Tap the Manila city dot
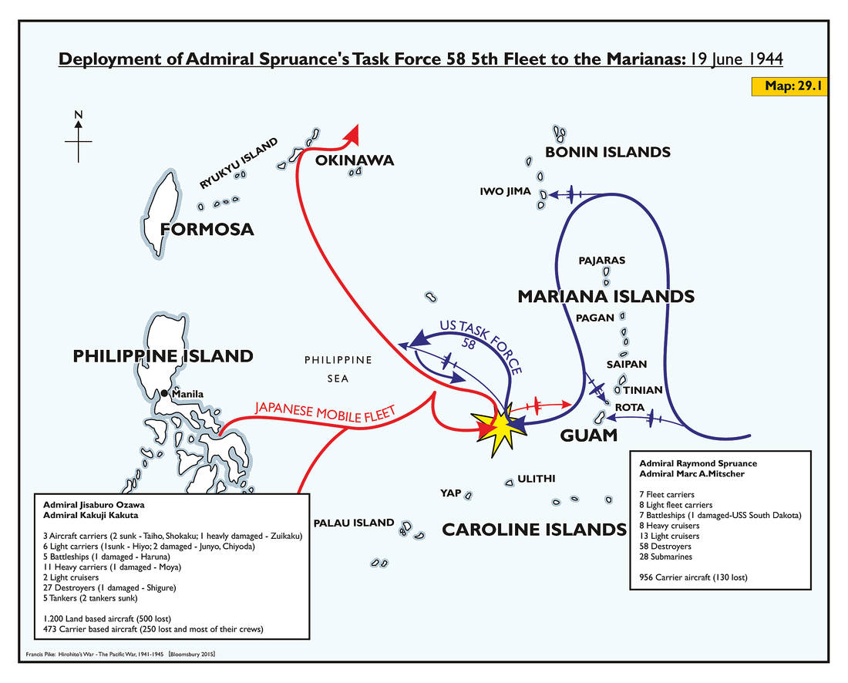pyautogui.click(x=164, y=394)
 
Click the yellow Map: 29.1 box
pyautogui.click(x=789, y=86)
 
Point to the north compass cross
pyautogui.click(x=79, y=141)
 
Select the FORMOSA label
pyautogui.click(x=207, y=229)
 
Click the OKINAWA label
pyautogui.click(x=355, y=160)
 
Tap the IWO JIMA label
pyautogui.click(x=506, y=191)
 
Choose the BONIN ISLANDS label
pyautogui.click(x=607, y=152)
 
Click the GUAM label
pyautogui.click(x=589, y=435)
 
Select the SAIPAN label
pyautogui.click(x=626, y=364)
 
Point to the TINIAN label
pyautogui.click(x=642, y=390)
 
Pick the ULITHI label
pyautogui.click(x=537, y=479)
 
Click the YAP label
pyautogui.click(x=451, y=493)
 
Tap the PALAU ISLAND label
pyautogui.click(x=354, y=523)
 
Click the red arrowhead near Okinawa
pyautogui.click(x=353, y=135)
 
